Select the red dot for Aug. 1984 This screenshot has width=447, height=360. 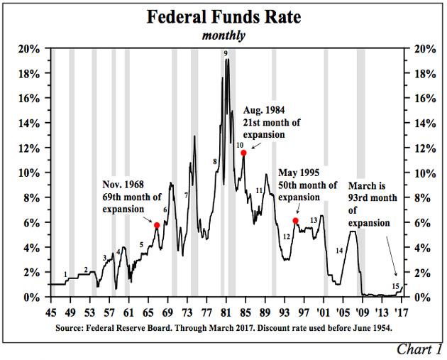243,153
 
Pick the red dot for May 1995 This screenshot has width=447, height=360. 295,222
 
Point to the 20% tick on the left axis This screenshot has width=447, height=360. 29,48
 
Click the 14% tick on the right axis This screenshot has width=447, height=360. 419,123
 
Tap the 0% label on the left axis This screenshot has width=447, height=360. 33,297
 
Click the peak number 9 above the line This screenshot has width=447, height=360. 225,53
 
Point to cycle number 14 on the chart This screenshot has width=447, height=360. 339,250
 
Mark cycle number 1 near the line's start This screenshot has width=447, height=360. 65,274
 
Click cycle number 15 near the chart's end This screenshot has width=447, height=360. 396,285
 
